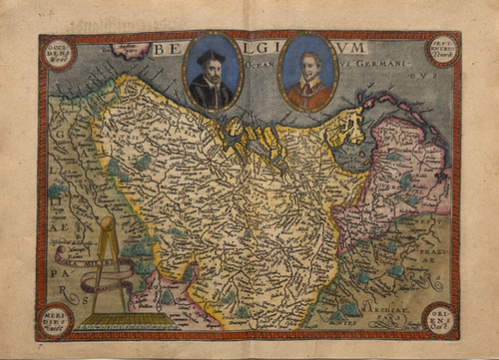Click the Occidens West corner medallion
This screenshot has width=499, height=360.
coord(59,52)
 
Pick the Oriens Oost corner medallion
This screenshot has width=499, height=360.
coord(440,317)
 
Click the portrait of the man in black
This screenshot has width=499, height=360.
coord(212,75)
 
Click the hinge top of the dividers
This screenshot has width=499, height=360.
coord(106,222)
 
